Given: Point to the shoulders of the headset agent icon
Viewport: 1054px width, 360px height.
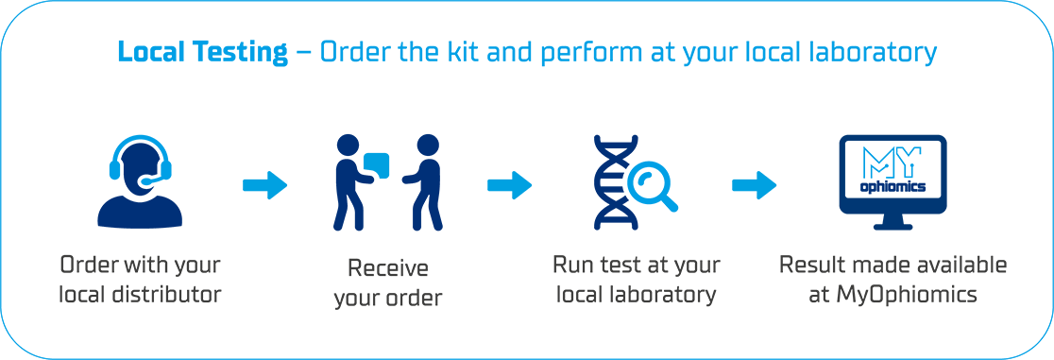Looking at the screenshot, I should (132, 197).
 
